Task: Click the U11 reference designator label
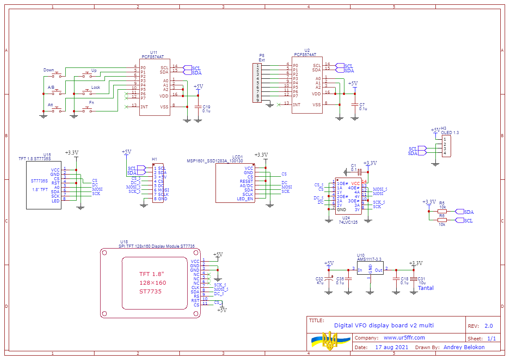[x=153, y=52]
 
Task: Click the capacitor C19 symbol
[x=198, y=107]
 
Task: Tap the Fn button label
[x=91, y=102]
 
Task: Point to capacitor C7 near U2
[x=355, y=104]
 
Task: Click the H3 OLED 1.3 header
[x=447, y=146]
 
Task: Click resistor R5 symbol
[x=442, y=212]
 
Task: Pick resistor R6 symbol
[x=442, y=220]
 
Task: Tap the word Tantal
[x=425, y=288]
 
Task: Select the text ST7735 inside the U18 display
[x=150, y=291]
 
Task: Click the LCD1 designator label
[x=237, y=157]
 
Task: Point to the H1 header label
[x=154, y=159]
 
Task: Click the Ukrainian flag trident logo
[x=330, y=340]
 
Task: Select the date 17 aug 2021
[x=391, y=347]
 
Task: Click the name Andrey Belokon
[x=464, y=347]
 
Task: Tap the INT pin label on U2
[x=297, y=104]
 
